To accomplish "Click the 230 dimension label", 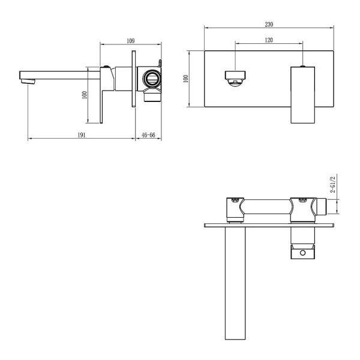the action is [269, 25].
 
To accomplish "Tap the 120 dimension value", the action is [269, 40].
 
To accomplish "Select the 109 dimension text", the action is [130, 41].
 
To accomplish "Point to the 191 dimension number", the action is [82, 135].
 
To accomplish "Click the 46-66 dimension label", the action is [148, 135].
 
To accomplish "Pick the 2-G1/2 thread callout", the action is [332, 184].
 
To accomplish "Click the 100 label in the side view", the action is [85, 95].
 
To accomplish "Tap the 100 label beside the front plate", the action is [186, 79].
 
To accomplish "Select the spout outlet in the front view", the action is [235, 79].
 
